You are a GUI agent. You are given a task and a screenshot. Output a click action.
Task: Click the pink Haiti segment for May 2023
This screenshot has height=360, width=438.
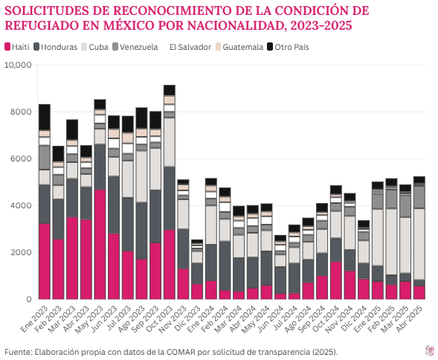tap(100, 244)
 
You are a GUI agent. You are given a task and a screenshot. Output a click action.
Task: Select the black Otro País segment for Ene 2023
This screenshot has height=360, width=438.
tap(45, 117)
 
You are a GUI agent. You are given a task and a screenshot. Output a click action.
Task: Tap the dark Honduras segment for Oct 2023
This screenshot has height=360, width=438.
tap(170, 199)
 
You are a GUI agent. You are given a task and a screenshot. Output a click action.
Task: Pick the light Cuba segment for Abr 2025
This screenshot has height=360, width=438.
tap(419, 244)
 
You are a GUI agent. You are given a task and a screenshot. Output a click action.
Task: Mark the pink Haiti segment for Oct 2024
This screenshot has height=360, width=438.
tap(336, 280)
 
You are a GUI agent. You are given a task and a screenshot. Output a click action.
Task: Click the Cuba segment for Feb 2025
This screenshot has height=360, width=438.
tap(391, 242)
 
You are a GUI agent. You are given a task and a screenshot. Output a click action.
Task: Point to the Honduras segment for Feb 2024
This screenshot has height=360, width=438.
tap(225, 266)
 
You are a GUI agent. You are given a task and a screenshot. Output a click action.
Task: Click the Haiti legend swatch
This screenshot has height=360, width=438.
tap(7, 47)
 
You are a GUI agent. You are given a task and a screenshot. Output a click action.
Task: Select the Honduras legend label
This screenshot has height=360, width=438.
tap(59, 47)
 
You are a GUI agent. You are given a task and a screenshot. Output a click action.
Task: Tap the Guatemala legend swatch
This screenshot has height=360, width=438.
tap(218, 47)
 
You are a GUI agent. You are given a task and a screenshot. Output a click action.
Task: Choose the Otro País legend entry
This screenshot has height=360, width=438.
tap(289, 47)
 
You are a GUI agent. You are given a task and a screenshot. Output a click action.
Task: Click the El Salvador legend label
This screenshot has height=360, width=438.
tap(190, 47)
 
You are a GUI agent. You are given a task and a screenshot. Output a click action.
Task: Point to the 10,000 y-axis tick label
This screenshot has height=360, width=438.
tap(18, 65)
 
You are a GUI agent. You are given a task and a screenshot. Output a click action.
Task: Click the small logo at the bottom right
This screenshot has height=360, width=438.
tap(429, 350)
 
